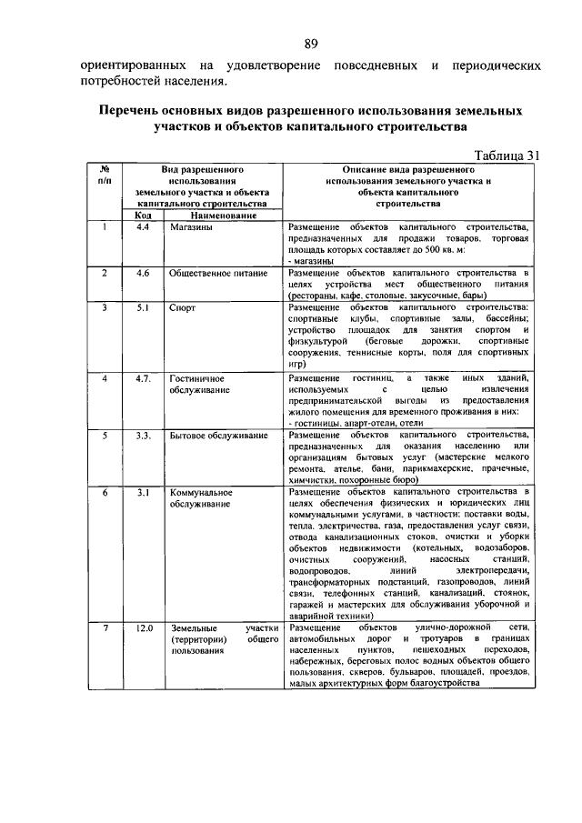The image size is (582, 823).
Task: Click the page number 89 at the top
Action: (310, 45)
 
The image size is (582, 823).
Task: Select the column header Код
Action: (144, 216)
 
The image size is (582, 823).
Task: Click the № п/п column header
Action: (105, 175)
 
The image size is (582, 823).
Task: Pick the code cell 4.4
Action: (143, 227)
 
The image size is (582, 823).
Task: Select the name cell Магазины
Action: (192, 227)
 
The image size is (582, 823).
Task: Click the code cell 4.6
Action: (143, 273)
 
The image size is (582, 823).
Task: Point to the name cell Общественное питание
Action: (218, 273)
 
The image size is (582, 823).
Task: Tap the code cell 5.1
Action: (143, 308)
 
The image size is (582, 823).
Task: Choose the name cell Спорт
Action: (183, 308)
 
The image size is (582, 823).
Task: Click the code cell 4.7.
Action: (144, 377)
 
